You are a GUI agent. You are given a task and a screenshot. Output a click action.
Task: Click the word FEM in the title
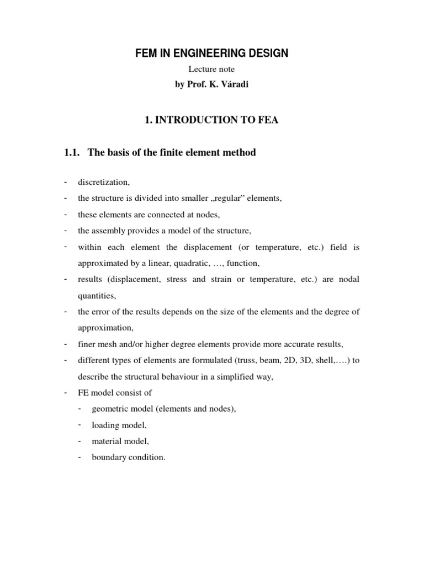[146, 53]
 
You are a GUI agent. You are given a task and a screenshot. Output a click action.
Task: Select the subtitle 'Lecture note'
[212, 69]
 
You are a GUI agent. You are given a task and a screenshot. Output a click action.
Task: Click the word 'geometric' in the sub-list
[109, 409]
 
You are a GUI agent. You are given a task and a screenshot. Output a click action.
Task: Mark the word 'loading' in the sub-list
[104, 425]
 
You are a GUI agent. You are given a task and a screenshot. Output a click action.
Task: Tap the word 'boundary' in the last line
[108, 457]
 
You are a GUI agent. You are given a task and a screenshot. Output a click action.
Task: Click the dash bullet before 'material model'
[81, 441]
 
